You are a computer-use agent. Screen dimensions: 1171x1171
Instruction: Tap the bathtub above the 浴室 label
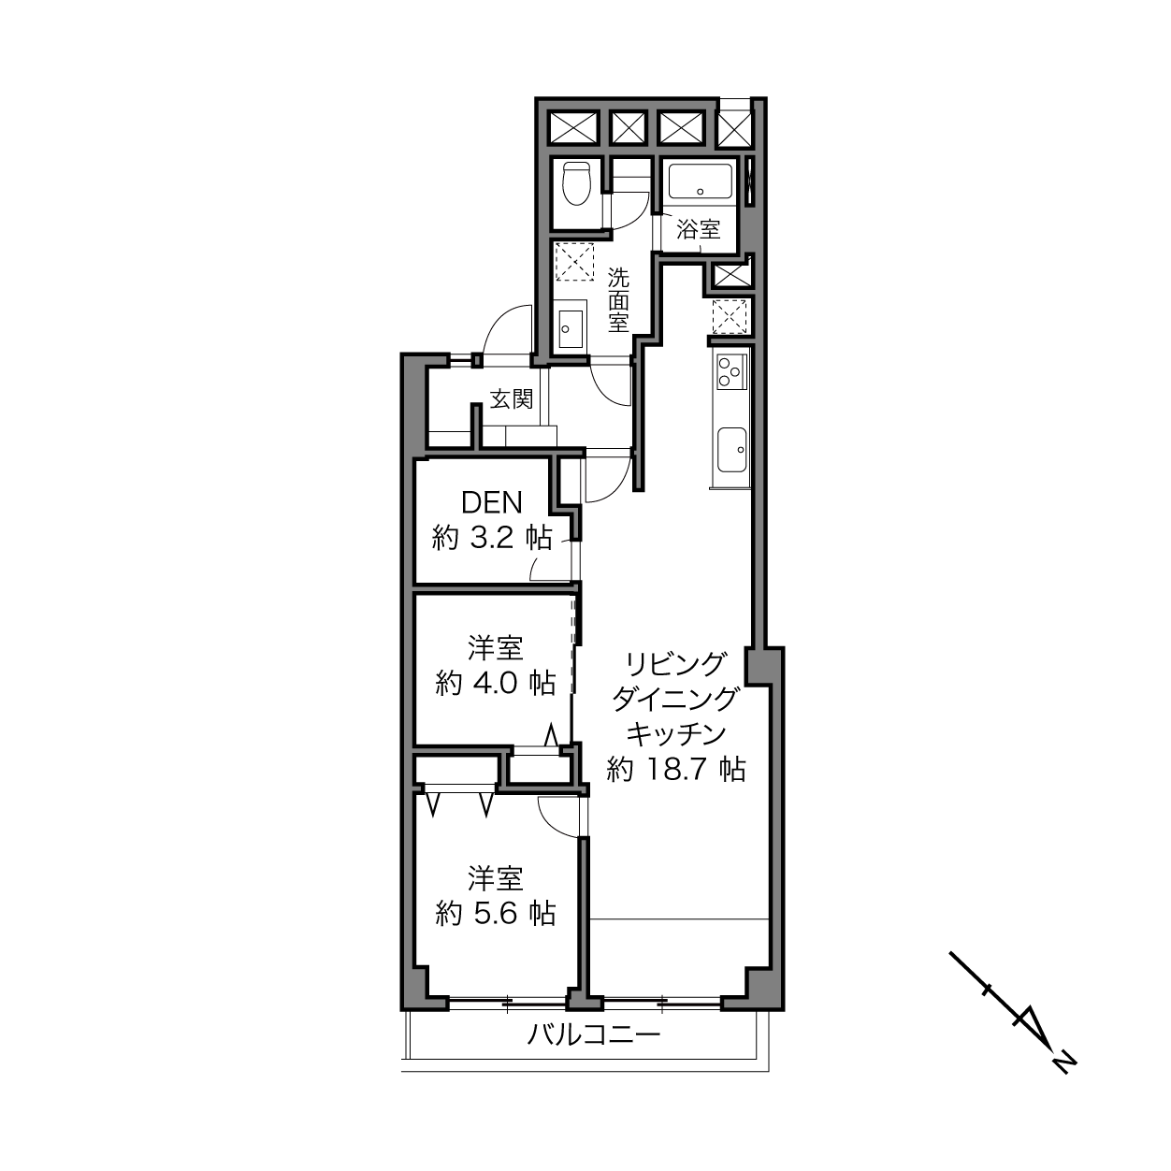pos(700,181)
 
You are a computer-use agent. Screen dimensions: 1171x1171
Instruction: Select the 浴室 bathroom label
pos(699,230)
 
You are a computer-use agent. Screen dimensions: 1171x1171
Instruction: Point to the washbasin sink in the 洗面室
pos(571,328)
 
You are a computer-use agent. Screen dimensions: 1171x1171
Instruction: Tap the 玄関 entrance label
pos(512,399)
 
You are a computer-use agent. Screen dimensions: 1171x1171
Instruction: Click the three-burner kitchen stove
pos(731,372)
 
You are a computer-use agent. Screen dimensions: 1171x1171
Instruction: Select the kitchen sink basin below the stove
pos(731,450)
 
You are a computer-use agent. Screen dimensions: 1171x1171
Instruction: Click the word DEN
pos(492,503)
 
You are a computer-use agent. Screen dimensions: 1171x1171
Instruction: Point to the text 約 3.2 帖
pos(492,539)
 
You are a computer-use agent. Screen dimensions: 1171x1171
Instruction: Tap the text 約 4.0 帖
pos(496,684)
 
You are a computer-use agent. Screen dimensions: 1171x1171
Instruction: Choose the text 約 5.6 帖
pos(496,914)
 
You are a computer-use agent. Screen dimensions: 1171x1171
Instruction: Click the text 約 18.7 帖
pos(676,770)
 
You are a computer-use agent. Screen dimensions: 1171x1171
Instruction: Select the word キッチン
pos(675,734)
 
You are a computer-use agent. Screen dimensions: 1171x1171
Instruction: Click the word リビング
pos(675,663)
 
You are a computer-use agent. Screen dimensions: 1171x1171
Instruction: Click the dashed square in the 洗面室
pos(575,261)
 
